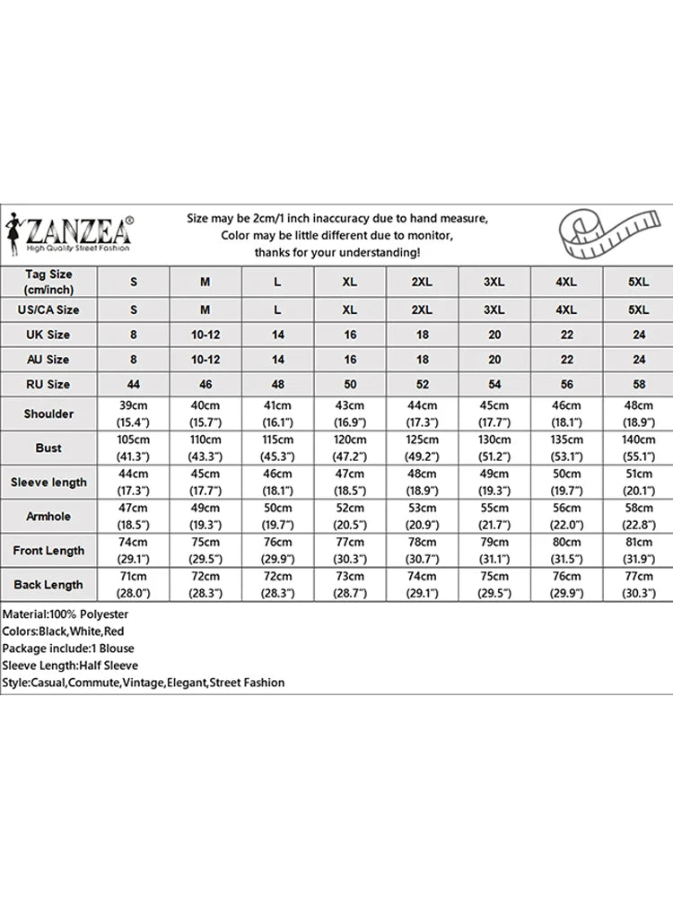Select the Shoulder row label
[x=49, y=414]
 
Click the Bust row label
[x=49, y=448]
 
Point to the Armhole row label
[x=49, y=517]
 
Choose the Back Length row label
[x=49, y=585]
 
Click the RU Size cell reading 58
[x=638, y=384]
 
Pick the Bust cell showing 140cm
[x=638, y=448]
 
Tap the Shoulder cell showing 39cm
[x=134, y=414]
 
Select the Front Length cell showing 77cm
[x=349, y=551]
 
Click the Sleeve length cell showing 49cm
[x=494, y=483]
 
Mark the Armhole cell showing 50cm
[x=277, y=517]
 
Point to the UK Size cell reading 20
[x=494, y=335]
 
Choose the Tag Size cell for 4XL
[x=565, y=282]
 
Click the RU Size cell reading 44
[x=134, y=384]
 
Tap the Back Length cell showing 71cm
[x=134, y=585]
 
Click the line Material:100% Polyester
[x=66, y=614]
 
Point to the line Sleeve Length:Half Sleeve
[x=70, y=666]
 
